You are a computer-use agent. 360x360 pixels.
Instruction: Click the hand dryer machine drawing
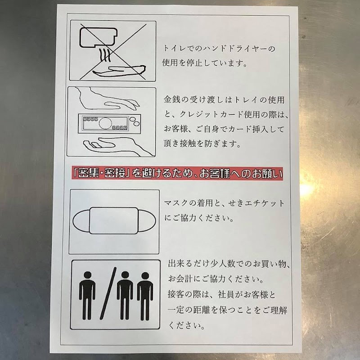98,37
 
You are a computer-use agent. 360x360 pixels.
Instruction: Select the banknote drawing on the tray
105,123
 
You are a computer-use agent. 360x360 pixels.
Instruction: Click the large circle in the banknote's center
105,123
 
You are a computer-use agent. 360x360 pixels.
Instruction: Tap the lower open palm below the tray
117,146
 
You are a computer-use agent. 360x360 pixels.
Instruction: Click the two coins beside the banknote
135,121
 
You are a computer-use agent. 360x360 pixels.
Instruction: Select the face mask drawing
114,220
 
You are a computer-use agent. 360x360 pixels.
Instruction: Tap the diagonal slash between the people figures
108,293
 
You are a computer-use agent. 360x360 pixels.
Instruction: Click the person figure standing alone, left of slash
87,296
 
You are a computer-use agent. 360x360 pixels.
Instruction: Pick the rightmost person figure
145,296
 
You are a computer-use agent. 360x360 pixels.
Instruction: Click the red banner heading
177,173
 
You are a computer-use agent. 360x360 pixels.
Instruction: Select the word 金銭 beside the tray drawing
171,99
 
